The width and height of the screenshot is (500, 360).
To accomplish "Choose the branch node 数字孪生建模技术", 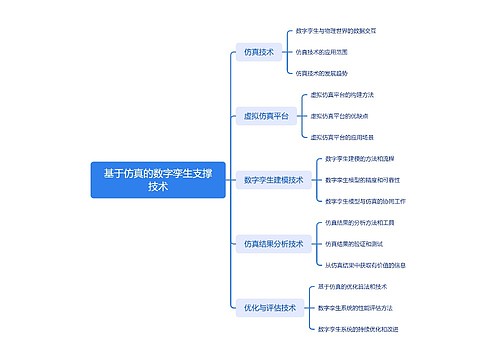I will pyautogui.click(x=273, y=180).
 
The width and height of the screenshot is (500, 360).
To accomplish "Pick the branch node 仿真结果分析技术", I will pyautogui.click(x=273, y=243).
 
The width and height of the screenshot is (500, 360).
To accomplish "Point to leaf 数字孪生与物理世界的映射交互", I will pyautogui.click(x=338, y=31).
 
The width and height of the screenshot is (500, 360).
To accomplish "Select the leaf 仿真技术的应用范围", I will pyautogui.click(x=322, y=51).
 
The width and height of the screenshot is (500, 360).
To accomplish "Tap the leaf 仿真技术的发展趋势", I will pyautogui.click(x=322, y=72).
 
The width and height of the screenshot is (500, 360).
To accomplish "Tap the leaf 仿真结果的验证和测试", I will pyautogui.click(x=355, y=243).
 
